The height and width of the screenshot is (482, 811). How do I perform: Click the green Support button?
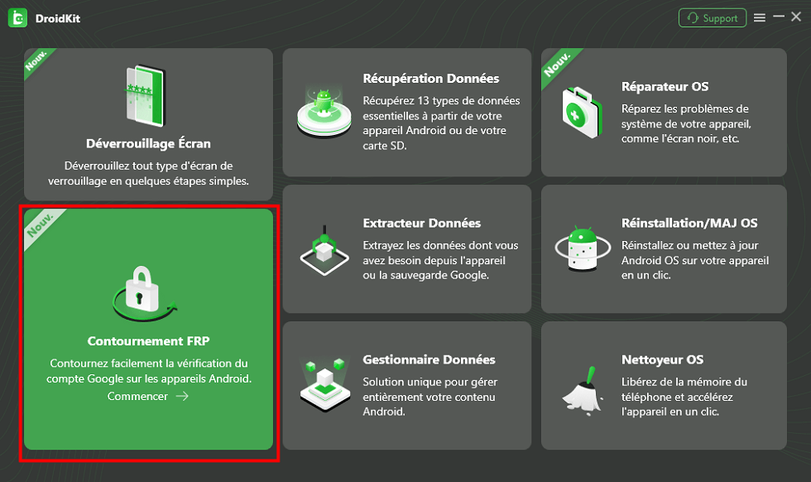click(x=713, y=18)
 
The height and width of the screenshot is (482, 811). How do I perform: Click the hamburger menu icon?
click(x=760, y=18)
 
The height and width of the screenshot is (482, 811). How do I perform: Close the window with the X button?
click(x=796, y=17)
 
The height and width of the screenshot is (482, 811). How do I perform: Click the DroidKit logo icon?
click(x=17, y=18)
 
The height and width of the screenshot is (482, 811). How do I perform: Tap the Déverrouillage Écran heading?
click(x=148, y=143)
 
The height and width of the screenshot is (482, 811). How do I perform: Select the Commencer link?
click(x=137, y=396)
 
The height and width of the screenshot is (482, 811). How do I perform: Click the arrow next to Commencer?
click(x=182, y=396)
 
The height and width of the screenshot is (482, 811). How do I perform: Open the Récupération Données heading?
click(x=431, y=78)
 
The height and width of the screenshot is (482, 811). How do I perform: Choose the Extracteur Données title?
click(x=421, y=223)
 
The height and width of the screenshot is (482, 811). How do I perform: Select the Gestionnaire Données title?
click(x=429, y=359)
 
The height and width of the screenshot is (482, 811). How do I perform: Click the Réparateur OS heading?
click(x=665, y=86)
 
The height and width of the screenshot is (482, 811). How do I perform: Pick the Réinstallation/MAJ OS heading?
click(x=689, y=223)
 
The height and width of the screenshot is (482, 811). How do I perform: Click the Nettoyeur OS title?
click(x=662, y=359)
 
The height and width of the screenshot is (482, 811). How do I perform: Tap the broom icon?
click(x=583, y=391)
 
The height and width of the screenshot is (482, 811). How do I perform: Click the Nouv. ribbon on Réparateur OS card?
click(x=558, y=65)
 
